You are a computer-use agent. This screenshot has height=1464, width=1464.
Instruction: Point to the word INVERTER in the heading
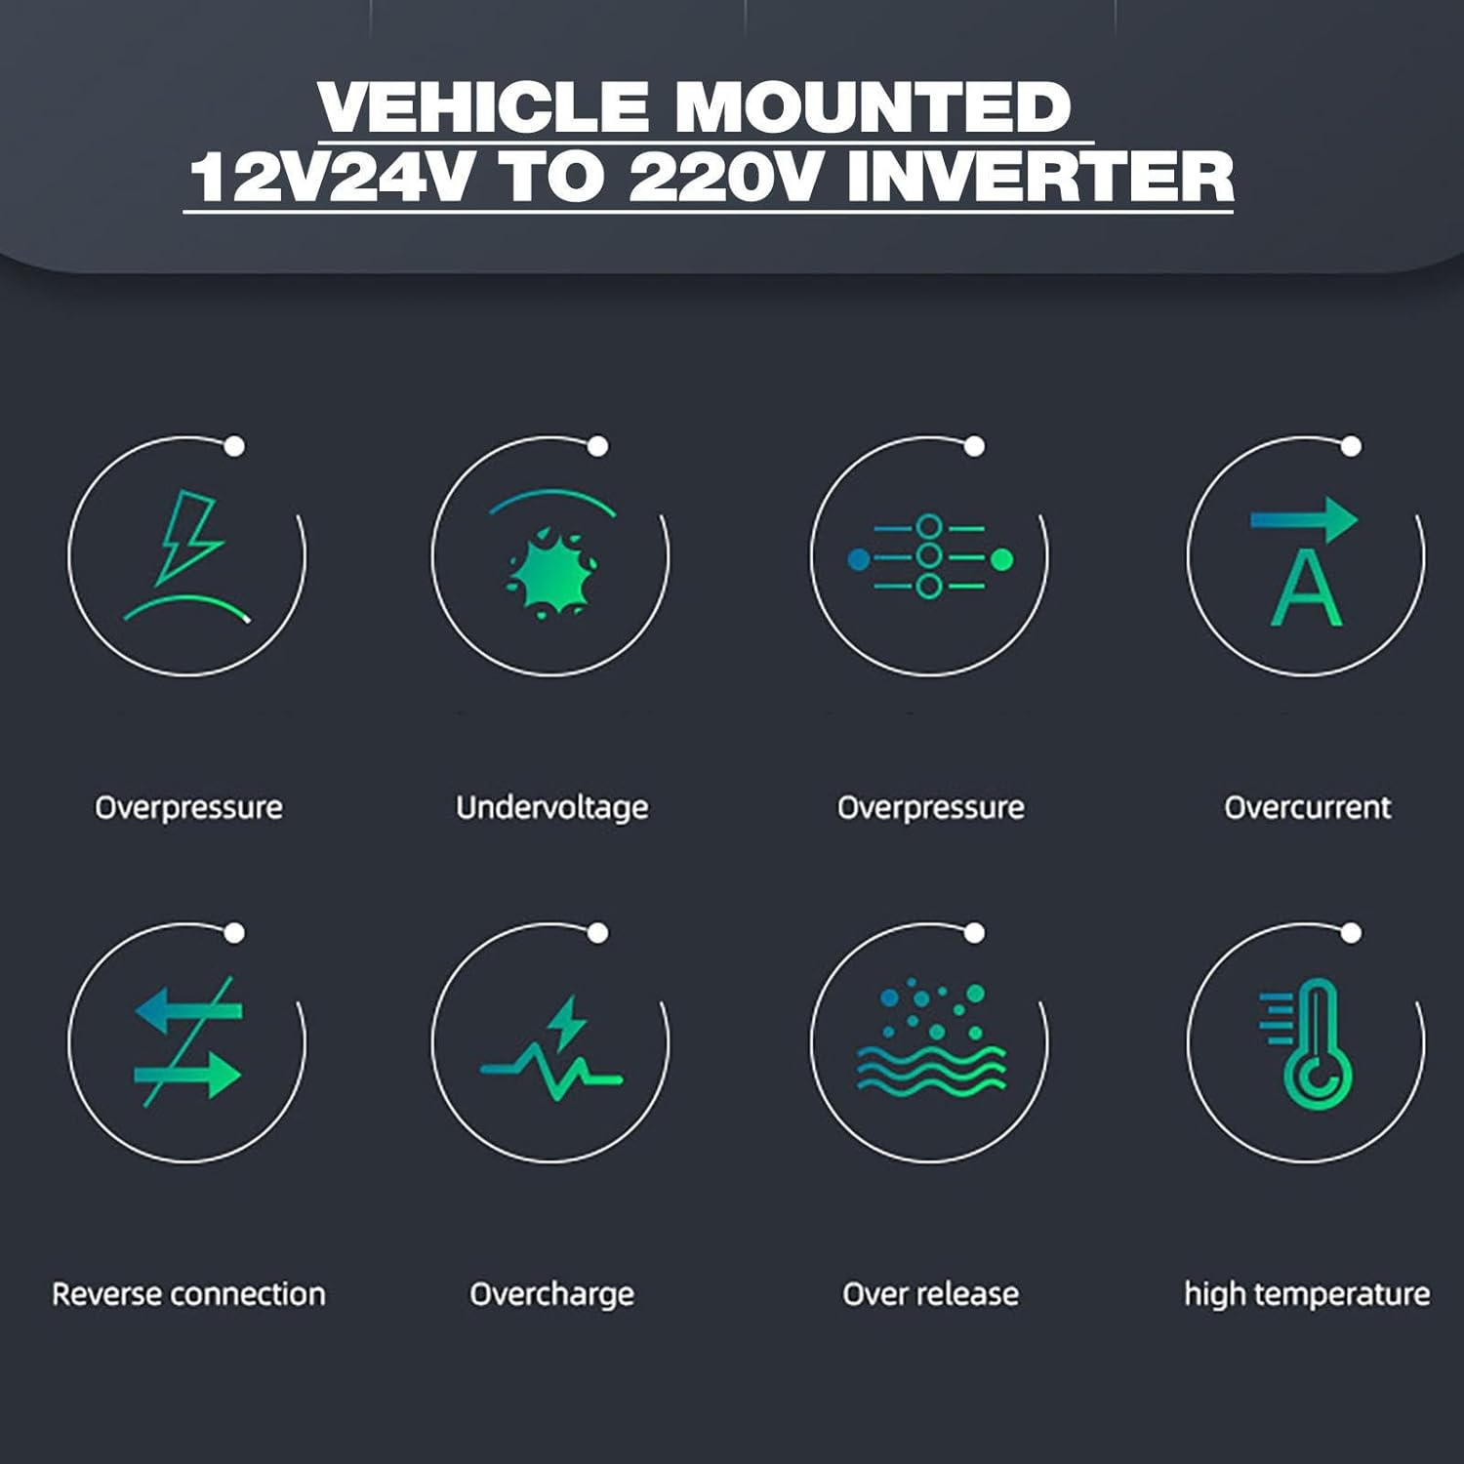1040,178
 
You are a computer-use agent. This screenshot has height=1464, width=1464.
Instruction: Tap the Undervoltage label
552,808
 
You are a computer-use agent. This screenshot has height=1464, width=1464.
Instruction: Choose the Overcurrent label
1308,807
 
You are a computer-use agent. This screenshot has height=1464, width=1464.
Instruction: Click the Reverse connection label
188,1294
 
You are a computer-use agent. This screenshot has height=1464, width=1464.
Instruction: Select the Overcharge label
552,1295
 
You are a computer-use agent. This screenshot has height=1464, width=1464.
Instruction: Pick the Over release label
930,1294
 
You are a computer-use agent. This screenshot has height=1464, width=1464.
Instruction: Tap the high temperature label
1307,1295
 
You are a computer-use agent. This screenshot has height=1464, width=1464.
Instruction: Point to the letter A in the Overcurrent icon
1307,588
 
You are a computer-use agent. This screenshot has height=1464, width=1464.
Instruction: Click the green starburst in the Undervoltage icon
550,574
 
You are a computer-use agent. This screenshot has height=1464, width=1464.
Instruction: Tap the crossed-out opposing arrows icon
187,1042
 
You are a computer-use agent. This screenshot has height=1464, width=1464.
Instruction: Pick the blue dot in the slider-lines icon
858,559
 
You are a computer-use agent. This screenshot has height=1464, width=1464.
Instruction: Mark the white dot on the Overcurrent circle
1351,446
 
